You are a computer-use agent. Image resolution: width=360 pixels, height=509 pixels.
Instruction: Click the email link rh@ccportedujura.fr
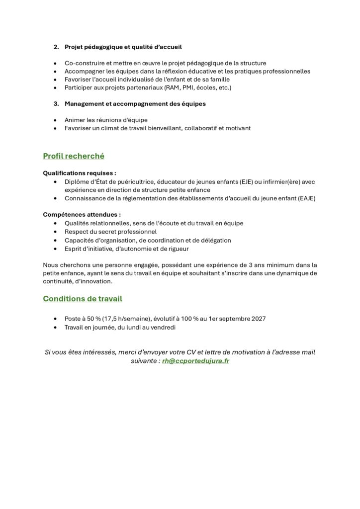click(195, 361)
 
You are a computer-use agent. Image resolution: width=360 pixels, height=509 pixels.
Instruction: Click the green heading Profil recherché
click(74, 156)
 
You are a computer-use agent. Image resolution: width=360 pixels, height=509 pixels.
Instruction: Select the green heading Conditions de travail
click(83, 299)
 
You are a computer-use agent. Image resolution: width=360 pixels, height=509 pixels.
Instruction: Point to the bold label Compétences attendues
click(82, 215)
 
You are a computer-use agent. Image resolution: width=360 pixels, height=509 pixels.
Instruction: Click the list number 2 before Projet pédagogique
click(56, 47)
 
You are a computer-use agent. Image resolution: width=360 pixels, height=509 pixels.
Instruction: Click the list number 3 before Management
click(56, 104)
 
